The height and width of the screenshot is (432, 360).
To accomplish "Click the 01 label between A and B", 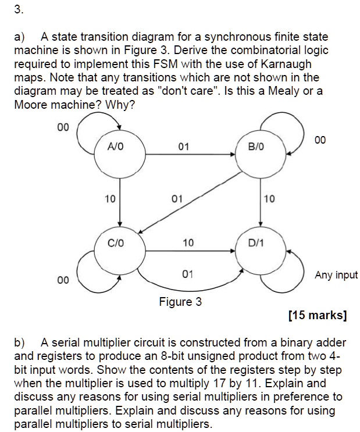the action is (x=184, y=147).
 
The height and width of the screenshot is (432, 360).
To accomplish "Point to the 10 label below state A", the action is (x=110, y=199).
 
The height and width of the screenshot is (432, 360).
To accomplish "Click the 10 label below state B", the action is (x=269, y=199).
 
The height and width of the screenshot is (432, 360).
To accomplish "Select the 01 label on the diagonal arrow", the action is (x=177, y=199).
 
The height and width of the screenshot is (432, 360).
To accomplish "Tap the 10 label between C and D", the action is (x=188, y=242).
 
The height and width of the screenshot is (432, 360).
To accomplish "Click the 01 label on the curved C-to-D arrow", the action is (x=187, y=274).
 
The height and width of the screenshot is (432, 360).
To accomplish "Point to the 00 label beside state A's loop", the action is (x=63, y=127).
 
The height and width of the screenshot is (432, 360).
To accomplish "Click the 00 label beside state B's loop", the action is (x=320, y=140).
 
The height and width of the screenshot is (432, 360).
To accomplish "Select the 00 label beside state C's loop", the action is (x=63, y=280).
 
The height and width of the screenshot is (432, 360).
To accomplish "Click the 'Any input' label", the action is (x=336, y=275).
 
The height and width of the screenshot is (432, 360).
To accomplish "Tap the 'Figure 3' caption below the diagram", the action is (x=180, y=302).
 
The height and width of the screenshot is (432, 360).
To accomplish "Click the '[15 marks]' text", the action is (x=318, y=315).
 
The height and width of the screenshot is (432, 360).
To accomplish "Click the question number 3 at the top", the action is (x=19, y=10).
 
